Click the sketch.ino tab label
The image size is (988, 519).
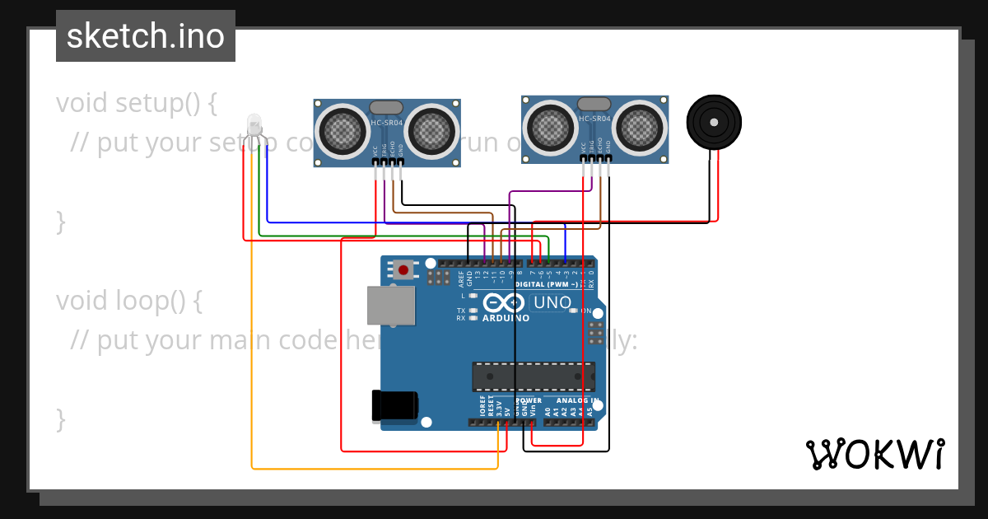[x=146, y=36]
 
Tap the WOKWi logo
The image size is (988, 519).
[x=875, y=454]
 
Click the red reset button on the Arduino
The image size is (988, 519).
[x=403, y=269]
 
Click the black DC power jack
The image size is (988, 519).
[x=394, y=406]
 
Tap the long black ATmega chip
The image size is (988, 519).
[x=533, y=376]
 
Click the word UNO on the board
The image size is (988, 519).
[x=552, y=302]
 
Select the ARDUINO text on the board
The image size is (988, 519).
[x=506, y=317]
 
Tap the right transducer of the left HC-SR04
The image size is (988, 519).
[x=431, y=129]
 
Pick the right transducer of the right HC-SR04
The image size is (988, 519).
[x=639, y=126]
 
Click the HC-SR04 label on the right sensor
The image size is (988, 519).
[x=594, y=119]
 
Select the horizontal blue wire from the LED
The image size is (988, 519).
[x=412, y=222]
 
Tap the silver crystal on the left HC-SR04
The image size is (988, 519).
[x=387, y=107]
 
